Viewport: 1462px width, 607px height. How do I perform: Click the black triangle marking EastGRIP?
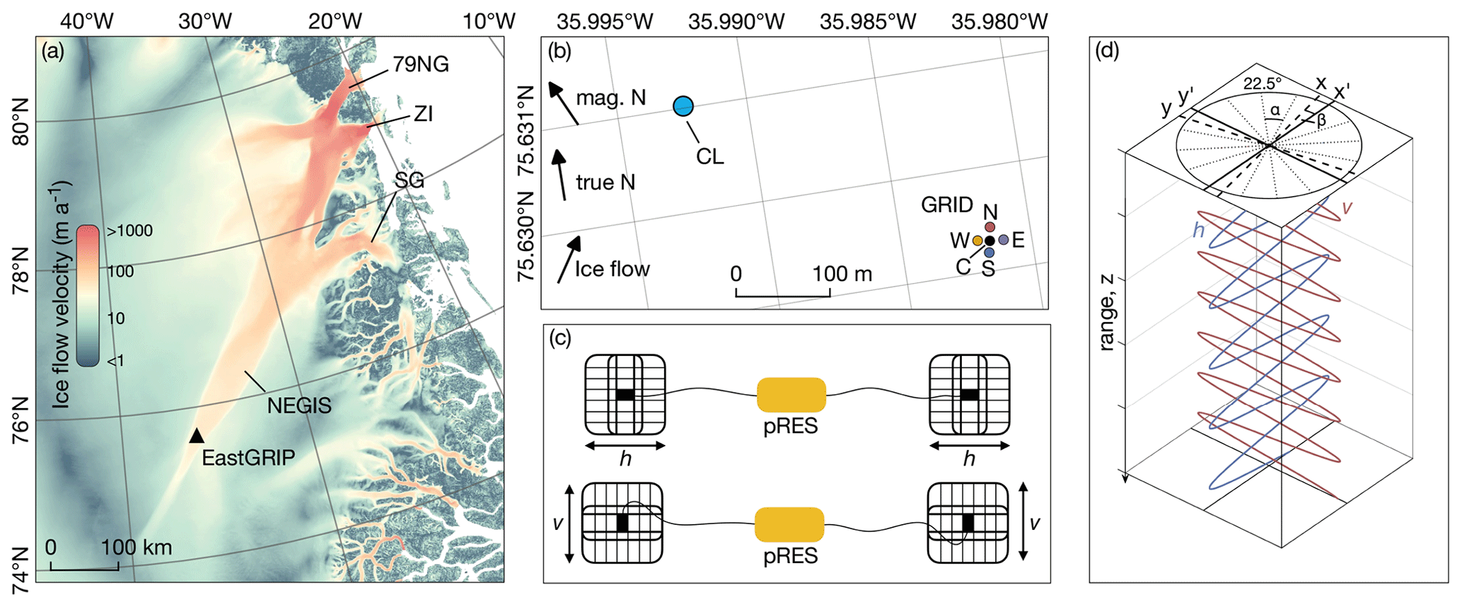(x=197, y=436)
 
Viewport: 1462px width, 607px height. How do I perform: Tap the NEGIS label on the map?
(x=299, y=405)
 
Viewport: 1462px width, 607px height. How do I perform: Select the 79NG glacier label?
(x=421, y=64)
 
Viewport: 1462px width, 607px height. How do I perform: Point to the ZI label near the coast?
(x=423, y=113)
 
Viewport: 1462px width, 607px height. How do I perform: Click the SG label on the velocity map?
(x=410, y=180)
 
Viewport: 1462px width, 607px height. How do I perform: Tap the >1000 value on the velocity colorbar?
(x=129, y=231)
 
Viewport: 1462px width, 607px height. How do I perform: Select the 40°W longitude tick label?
(x=86, y=21)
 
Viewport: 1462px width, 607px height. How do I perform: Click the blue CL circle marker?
(x=683, y=106)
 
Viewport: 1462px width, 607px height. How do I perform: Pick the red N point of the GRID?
(x=990, y=226)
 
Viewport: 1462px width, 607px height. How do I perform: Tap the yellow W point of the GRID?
(x=977, y=241)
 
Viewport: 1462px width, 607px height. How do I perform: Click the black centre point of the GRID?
(x=990, y=241)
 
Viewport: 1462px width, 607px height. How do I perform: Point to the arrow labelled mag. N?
(x=564, y=103)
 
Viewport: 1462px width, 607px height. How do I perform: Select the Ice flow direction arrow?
(x=569, y=259)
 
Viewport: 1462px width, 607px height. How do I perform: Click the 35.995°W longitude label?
(x=605, y=21)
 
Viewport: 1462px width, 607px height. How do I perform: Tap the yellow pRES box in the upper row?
(x=791, y=395)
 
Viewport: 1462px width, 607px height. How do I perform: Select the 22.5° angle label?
(x=1263, y=83)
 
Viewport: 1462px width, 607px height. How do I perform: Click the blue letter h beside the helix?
(x=1198, y=231)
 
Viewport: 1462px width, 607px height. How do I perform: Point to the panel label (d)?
(x=1107, y=51)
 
